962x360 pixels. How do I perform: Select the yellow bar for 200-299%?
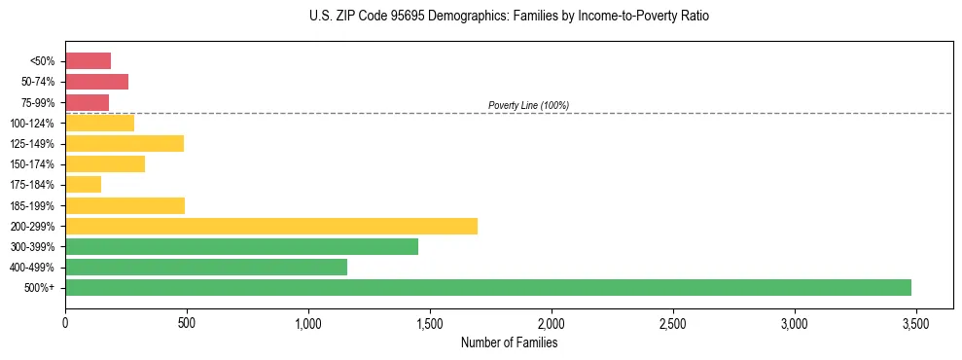[x=271, y=226]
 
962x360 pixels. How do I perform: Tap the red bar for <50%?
[x=88, y=61]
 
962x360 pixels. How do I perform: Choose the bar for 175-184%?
[x=83, y=185]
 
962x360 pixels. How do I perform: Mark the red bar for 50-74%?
[x=96, y=82]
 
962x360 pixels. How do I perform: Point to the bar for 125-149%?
[x=125, y=143]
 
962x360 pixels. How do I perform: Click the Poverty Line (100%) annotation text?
[x=528, y=105]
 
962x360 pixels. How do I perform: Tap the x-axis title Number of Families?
[x=509, y=342]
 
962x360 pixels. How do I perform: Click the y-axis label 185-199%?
[x=38, y=205]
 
